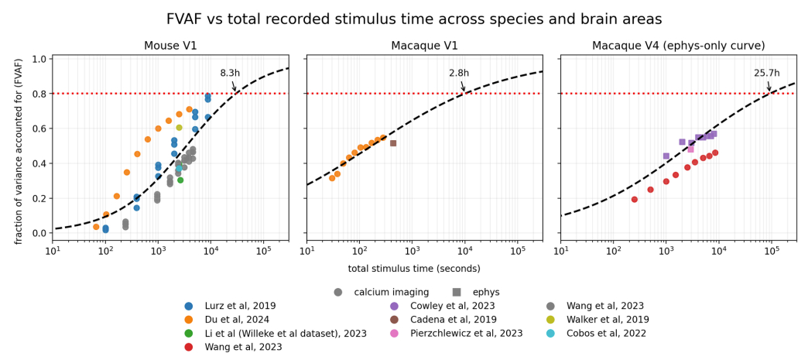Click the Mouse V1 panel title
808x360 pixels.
170,46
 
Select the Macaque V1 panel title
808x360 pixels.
424,46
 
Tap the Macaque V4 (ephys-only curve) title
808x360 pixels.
678,46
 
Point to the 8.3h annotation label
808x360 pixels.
230,74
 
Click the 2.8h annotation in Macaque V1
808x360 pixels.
459,74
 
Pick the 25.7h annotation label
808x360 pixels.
766,74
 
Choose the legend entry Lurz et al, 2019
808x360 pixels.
240,306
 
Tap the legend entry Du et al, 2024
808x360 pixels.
235,319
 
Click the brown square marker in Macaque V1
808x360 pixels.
393,143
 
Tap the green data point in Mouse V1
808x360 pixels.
180,180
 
